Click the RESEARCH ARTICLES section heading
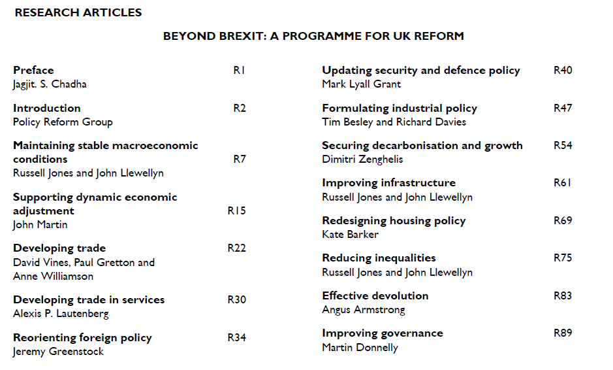coord(78,12)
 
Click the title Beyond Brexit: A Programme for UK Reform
coord(313,36)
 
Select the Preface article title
coord(33,70)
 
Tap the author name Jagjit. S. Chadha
coord(50,84)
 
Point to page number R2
coord(240,108)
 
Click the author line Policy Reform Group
coord(63,122)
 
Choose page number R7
coord(240,159)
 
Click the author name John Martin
coord(40,224)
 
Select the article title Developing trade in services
coord(89,299)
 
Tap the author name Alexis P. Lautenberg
coord(61,313)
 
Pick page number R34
coord(236,337)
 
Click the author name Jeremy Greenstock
coord(58,351)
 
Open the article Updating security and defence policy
coord(421,70)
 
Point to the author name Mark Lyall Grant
coord(361,84)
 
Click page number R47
coord(563,108)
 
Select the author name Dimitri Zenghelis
coord(362,159)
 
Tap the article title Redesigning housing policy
coord(394,220)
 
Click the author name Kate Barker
coord(350,234)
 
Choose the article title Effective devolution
coord(375,295)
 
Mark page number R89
coord(563,333)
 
